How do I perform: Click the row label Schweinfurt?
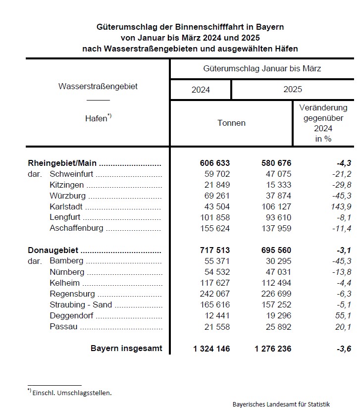(72, 174)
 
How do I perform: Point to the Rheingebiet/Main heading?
(62, 163)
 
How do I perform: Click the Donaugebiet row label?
(53, 250)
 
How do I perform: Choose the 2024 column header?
(201, 90)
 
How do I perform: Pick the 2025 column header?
(293, 90)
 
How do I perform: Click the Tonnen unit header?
(231, 123)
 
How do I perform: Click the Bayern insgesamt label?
(126, 348)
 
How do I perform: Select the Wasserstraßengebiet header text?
(98, 86)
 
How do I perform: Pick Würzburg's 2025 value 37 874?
(274, 196)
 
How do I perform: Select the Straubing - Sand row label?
(81, 305)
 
